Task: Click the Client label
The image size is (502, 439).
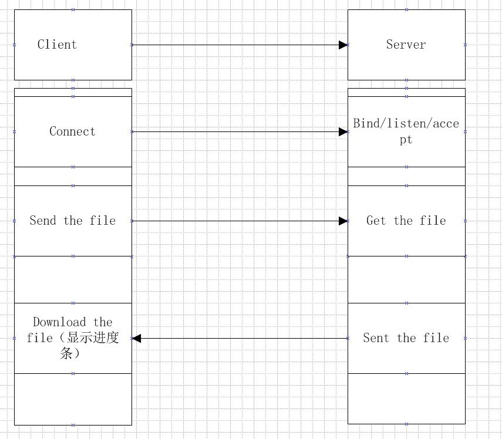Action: pyautogui.click(x=57, y=45)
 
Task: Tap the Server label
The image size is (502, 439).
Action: pyautogui.click(x=406, y=45)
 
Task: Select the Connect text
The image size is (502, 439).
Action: pyautogui.click(x=72, y=131)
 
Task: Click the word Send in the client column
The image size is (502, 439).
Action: pyautogui.click(x=43, y=221)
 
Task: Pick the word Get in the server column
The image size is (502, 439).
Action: pyautogui.click(x=376, y=221)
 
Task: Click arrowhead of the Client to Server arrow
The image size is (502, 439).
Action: pyautogui.click(x=343, y=45)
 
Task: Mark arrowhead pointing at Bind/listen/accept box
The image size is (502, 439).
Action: pyautogui.click(x=343, y=131)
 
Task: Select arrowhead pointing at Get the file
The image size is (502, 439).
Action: pyautogui.click(x=343, y=221)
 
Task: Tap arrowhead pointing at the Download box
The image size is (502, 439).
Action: pyautogui.click(x=136, y=338)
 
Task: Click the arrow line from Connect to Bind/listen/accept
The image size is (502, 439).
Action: pyautogui.click(x=235, y=131)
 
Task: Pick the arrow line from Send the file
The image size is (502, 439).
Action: pyautogui.click(x=235, y=221)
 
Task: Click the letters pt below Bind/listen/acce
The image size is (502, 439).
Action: pyautogui.click(x=406, y=140)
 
